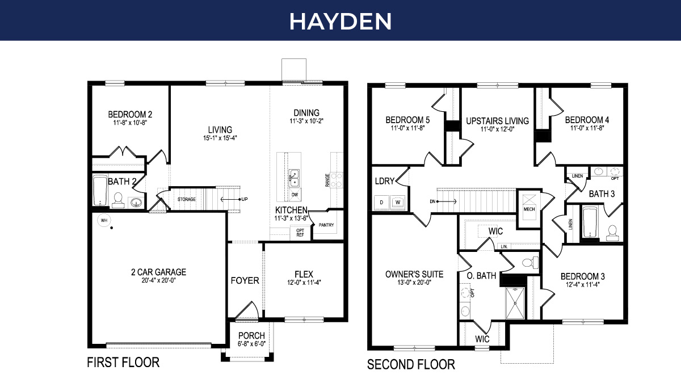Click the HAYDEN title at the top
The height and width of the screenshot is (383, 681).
(340, 21)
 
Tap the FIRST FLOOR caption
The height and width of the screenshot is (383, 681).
(123, 362)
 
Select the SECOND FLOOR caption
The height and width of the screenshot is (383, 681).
(411, 364)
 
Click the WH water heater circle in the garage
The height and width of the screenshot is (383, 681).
(104, 220)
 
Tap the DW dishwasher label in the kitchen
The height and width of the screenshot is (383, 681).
(295, 195)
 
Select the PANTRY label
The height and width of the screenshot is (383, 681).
(326, 225)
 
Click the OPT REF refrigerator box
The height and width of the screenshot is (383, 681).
(300, 233)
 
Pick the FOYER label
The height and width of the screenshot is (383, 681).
(245, 280)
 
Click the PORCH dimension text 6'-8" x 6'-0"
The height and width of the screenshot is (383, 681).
(251, 344)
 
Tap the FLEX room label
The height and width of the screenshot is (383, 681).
(304, 274)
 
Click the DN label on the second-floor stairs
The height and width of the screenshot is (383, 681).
(432, 201)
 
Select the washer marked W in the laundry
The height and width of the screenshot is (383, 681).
(398, 201)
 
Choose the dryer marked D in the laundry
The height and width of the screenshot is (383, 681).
(381, 201)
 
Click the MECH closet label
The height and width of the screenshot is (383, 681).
(529, 209)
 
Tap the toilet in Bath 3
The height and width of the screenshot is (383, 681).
(612, 232)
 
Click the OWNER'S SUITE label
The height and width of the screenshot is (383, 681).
(414, 274)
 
